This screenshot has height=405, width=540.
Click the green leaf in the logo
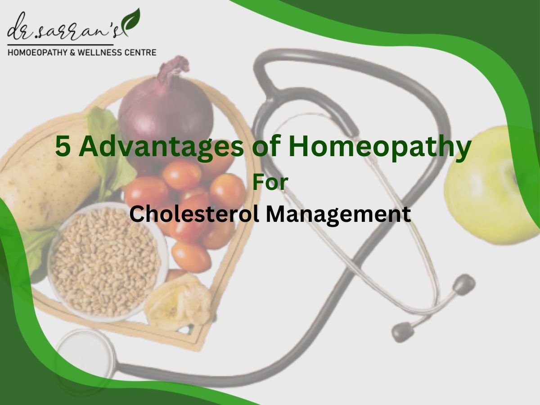coord(131,22)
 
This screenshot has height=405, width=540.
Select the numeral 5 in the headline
coord(63,147)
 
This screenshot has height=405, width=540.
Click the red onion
coord(165,112)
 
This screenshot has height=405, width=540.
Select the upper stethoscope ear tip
coord(463,284)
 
